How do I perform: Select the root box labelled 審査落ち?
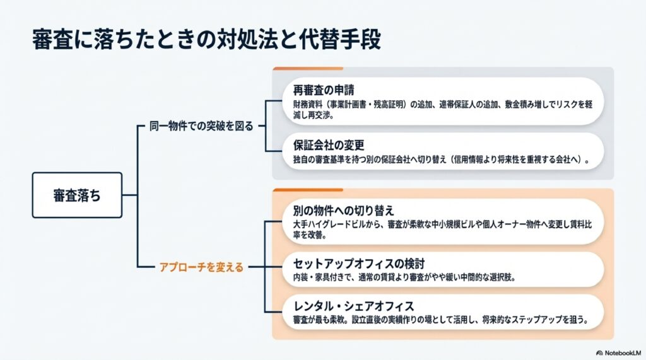[x=77, y=195]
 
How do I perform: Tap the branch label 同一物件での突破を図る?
[x=201, y=126]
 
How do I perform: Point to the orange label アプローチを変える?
[x=201, y=267]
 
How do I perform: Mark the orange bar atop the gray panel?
[x=307, y=68]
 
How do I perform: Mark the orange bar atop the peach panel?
[x=307, y=189]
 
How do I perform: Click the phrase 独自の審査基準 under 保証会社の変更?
[x=321, y=160]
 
